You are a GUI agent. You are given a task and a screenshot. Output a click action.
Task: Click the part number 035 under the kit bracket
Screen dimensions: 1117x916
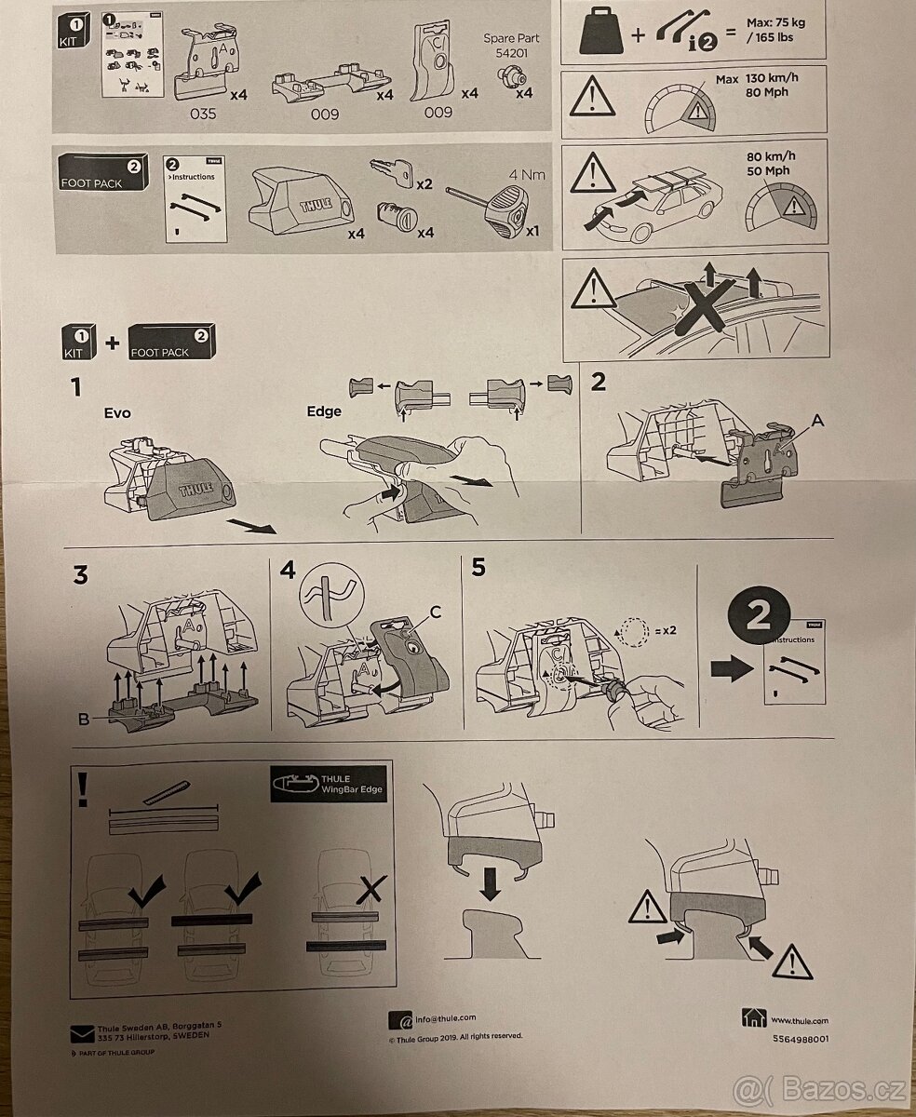point(202,114)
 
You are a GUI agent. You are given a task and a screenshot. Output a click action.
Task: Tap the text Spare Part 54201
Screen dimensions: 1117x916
point(512,46)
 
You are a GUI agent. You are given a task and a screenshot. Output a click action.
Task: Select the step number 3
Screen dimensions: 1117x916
point(81,575)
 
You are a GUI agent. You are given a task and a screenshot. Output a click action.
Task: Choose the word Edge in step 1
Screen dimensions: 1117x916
point(323,410)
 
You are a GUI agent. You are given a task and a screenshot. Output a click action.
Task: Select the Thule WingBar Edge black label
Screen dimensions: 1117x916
point(327,784)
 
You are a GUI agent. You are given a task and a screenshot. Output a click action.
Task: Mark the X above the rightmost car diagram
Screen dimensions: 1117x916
point(371,892)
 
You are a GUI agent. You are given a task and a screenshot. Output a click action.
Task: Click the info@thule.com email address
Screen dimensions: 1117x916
point(446,1018)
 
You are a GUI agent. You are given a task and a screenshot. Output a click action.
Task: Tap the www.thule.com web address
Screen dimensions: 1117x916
point(799,1020)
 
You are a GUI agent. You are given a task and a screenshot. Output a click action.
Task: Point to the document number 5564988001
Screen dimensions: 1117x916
point(800,1038)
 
